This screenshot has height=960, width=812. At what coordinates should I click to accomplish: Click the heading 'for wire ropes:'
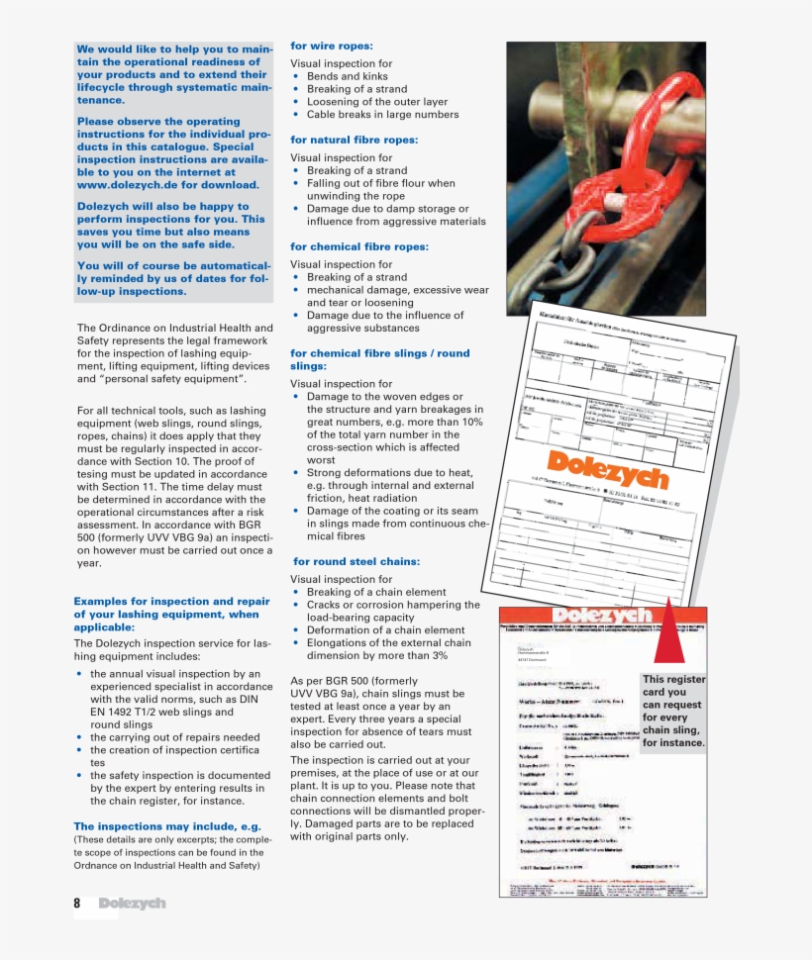click(x=331, y=46)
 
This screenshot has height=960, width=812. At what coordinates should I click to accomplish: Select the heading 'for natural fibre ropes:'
click(x=354, y=140)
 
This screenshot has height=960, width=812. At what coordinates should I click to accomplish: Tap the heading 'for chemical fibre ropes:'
click(x=358, y=246)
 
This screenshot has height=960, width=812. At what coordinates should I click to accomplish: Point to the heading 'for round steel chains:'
click(x=356, y=561)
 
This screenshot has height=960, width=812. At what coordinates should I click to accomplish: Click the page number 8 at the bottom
click(x=77, y=903)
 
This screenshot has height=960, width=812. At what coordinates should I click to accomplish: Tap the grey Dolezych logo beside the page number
click(x=132, y=903)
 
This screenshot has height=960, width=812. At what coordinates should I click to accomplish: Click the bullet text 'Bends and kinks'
click(x=347, y=76)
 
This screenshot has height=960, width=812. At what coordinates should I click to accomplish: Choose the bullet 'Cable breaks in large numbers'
click(x=382, y=115)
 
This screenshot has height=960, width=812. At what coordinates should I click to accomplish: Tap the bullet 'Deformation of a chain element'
click(x=385, y=630)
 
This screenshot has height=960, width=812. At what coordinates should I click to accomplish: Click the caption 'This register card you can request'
click(x=673, y=711)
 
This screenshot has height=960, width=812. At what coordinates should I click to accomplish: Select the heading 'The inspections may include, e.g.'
click(x=166, y=825)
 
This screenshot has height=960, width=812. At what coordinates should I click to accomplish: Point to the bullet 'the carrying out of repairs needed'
click(x=174, y=737)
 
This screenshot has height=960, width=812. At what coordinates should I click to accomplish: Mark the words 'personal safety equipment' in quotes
click(x=172, y=379)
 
